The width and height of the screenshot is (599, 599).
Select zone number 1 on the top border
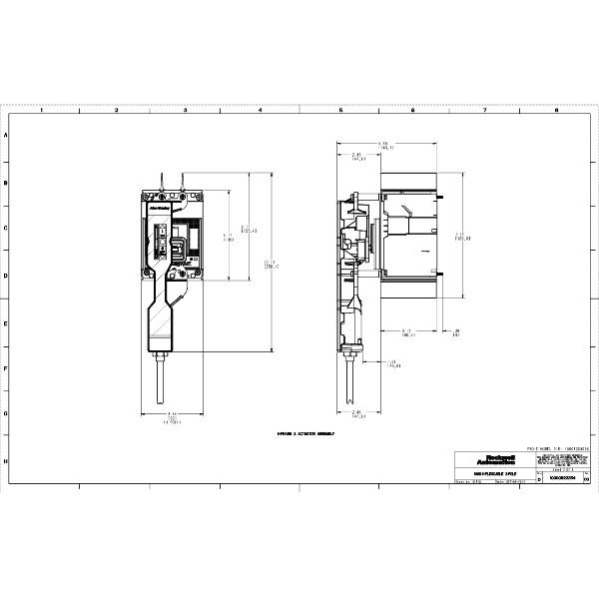[x=40, y=111]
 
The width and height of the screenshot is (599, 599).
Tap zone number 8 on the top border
[x=555, y=111]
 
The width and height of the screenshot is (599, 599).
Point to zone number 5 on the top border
[x=340, y=111]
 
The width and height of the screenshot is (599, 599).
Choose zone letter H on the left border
[x=8, y=462]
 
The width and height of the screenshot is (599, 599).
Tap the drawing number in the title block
[x=562, y=480]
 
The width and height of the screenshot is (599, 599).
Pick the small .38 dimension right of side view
[x=455, y=332]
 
